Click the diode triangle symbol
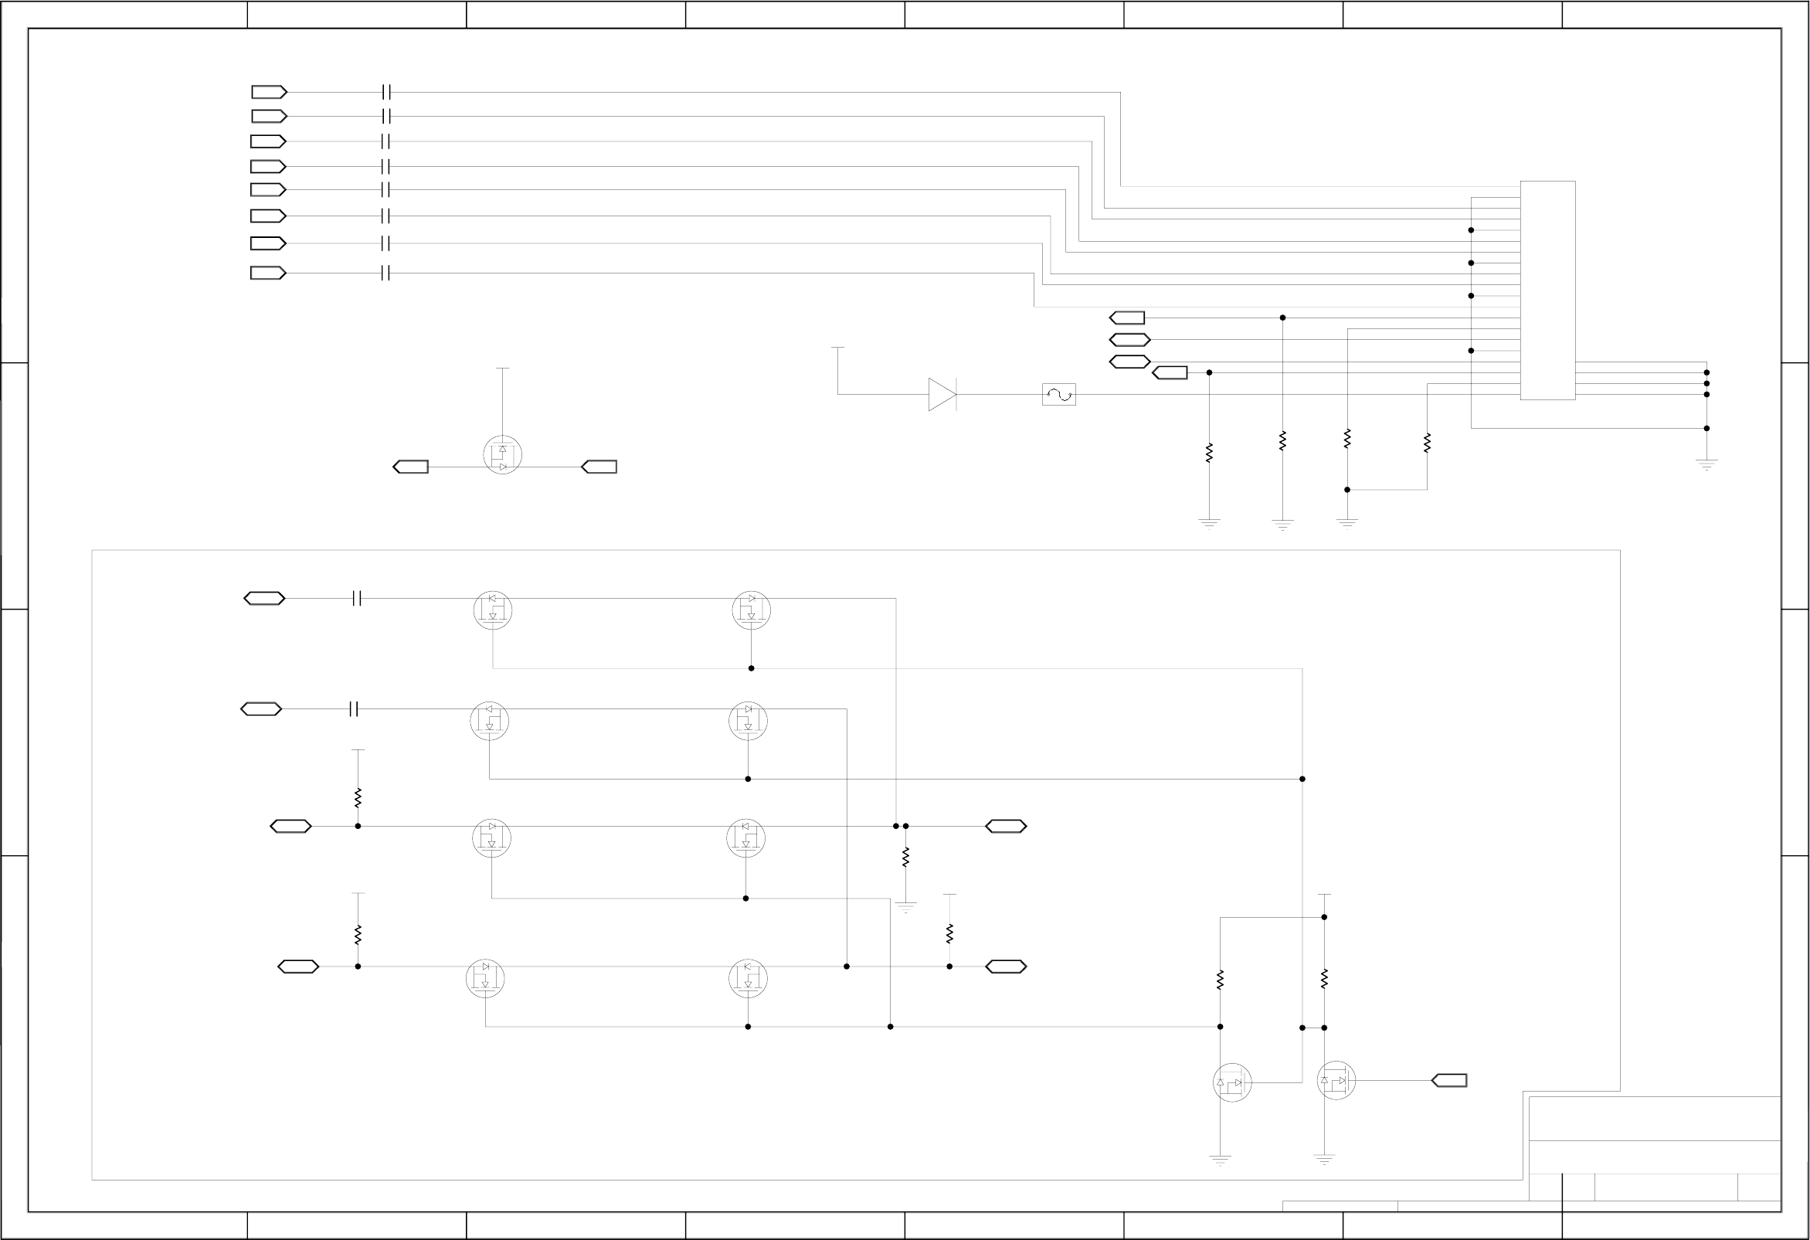[942, 394]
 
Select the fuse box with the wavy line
[1058, 394]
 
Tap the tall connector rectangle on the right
[1547, 290]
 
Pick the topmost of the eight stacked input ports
[269, 92]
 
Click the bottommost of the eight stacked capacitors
[385, 273]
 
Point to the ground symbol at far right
[1706, 464]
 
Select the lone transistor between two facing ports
[502, 455]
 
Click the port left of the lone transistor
[410, 467]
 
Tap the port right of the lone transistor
[599, 467]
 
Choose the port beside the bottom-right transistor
[1448, 1080]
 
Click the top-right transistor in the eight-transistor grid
[751, 610]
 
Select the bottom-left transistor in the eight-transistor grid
[485, 979]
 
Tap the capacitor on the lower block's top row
[357, 598]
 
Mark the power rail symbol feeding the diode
[837, 348]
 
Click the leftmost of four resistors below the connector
[1209, 453]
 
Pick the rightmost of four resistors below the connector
[1427, 443]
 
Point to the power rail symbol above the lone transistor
[502, 369]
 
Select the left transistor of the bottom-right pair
[1232, 1082]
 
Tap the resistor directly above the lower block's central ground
[905, 857]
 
